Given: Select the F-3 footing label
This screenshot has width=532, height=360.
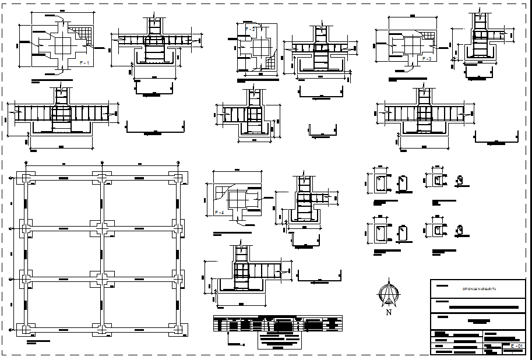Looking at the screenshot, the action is point(426,59).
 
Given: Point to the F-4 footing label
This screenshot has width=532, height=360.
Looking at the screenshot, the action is point(220,212).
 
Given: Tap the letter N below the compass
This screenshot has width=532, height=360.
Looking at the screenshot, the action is point(388,312).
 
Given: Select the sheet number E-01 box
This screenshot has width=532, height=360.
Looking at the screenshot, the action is point(516,347).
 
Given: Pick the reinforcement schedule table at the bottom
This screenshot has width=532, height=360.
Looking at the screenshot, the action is point(277,323).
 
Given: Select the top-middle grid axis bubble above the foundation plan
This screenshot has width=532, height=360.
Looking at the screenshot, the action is point(102,163).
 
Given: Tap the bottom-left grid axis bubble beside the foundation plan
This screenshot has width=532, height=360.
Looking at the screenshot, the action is point(12,330).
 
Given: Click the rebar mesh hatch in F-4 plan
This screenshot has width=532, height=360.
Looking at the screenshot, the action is point(222,191).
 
